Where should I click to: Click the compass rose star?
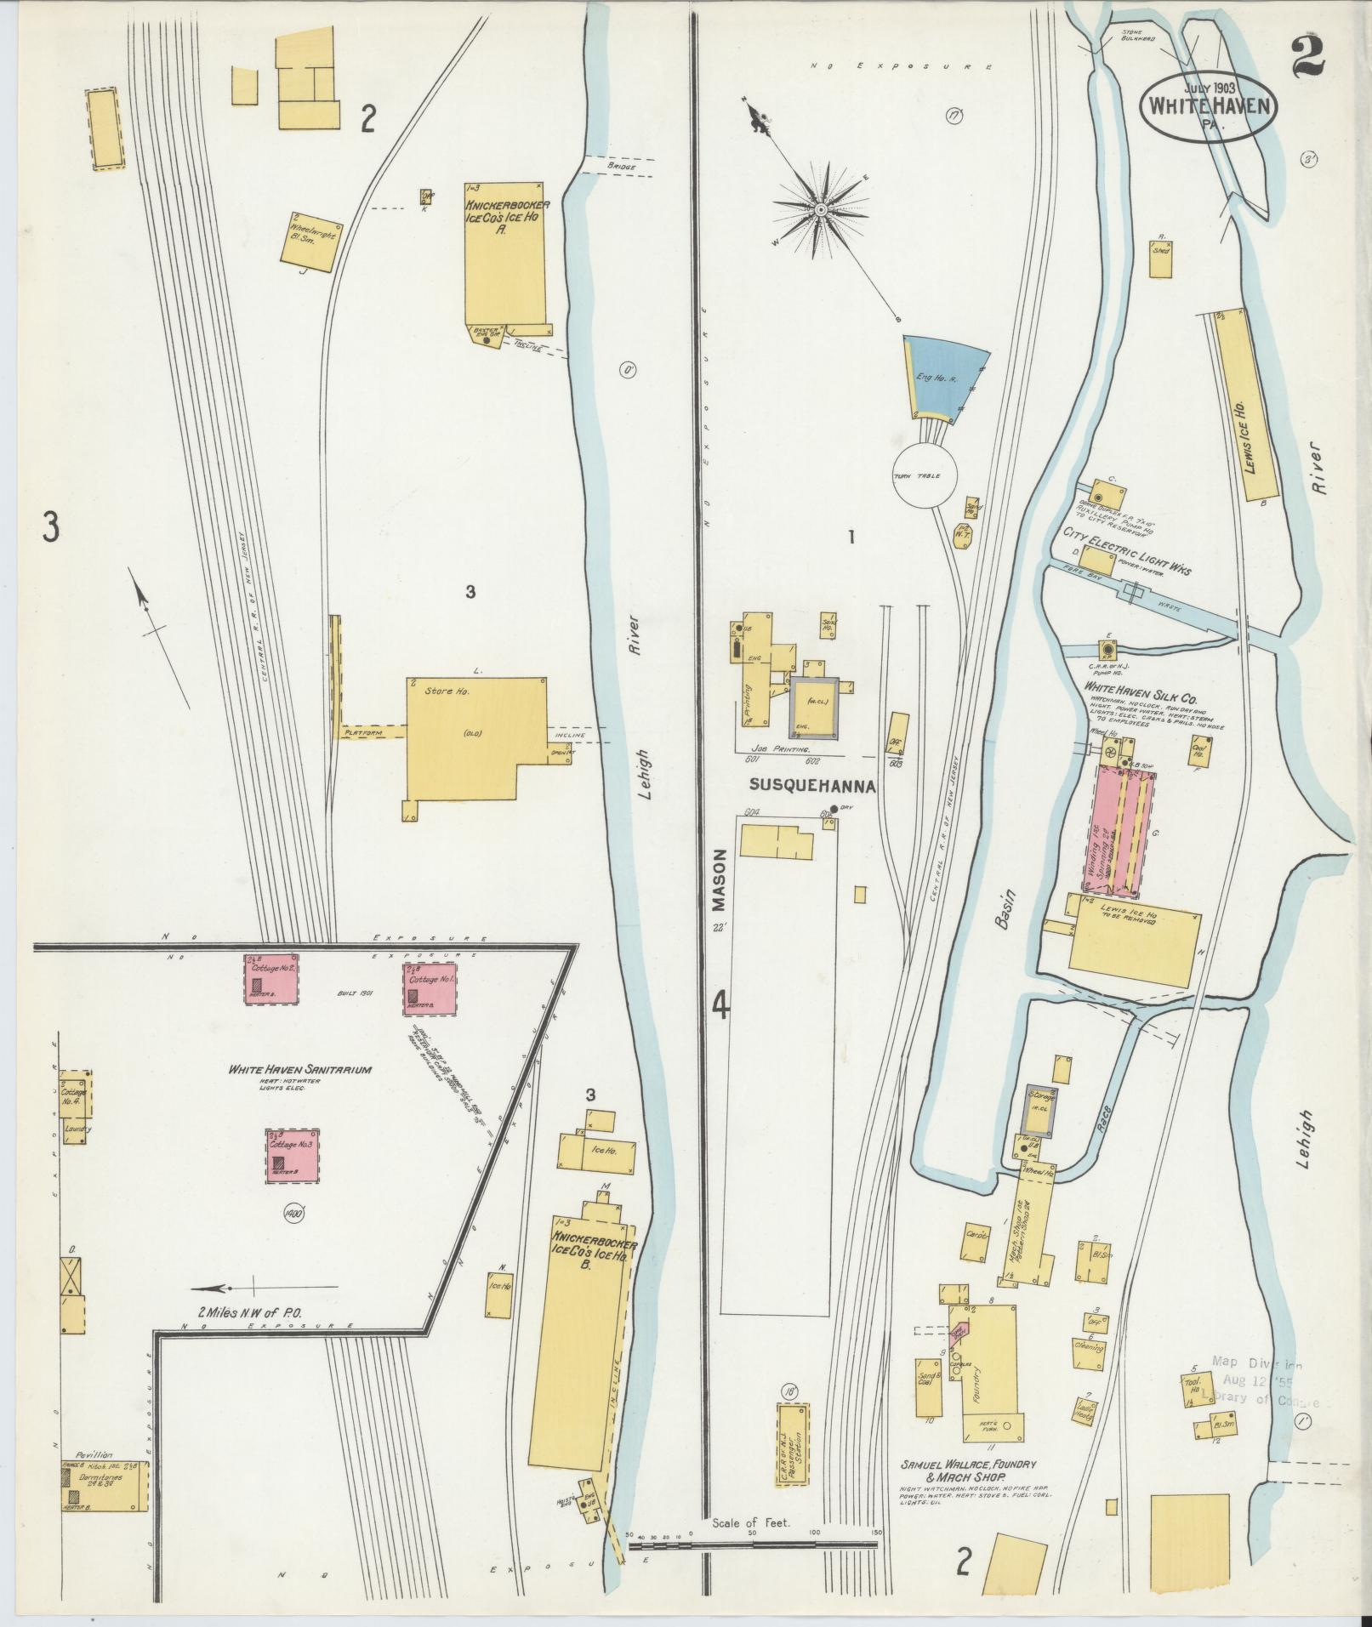tap(821, 209)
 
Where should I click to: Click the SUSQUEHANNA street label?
tap(813, 788)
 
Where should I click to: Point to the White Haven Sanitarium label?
tap(299, 1070)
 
